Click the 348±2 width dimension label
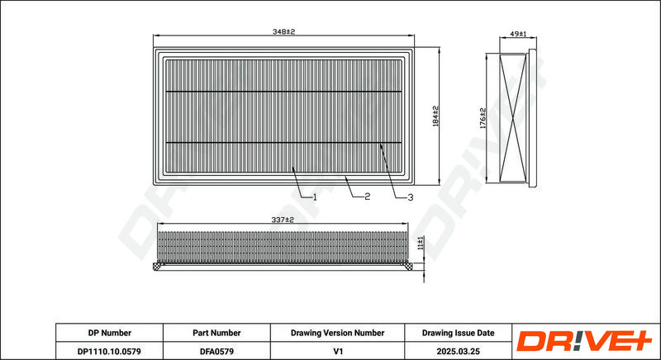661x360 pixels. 283,32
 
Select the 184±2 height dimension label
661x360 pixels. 435,116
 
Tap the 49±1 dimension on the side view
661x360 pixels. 518,34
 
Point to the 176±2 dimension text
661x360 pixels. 483,118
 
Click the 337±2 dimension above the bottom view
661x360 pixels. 283,220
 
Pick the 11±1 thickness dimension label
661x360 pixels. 421,244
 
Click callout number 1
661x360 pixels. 314,197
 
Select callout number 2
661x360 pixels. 367,197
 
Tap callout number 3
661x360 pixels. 410,197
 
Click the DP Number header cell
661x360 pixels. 110,333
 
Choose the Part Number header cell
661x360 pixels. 216,333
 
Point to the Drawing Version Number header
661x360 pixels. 337,333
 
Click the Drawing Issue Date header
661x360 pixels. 459,333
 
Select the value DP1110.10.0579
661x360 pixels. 109,351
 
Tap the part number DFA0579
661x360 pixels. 216,351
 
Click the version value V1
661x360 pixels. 337,351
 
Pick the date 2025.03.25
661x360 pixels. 459,351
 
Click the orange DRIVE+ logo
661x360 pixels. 584,341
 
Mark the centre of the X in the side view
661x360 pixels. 513,117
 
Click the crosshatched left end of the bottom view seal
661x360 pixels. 158,266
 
